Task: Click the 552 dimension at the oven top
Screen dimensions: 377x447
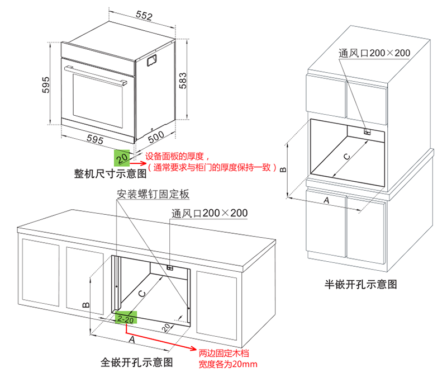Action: (x=144, y=16)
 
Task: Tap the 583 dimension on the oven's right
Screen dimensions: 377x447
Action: (x=183, y=83)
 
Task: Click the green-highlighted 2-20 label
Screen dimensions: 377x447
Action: (x=126, y=319)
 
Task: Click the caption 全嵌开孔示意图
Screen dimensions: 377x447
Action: (x=137, y=362)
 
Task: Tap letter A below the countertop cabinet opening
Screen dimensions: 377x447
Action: (x=132, y=339)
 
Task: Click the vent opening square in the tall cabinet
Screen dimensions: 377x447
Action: (x=367, y=132)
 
